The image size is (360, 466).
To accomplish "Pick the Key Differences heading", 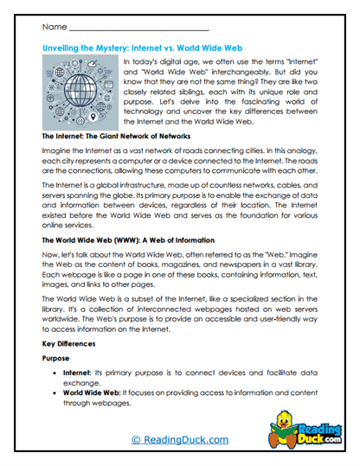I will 70,343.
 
